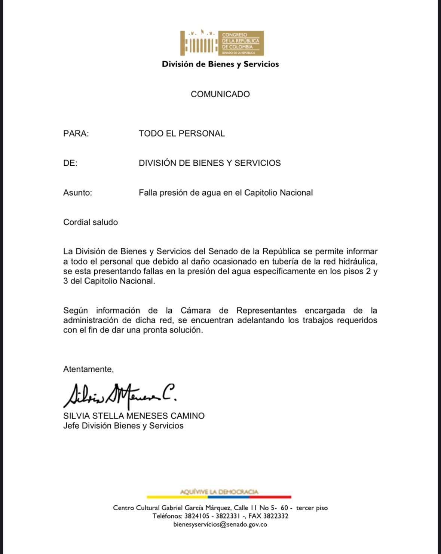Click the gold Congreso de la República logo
click(x=222, y=43)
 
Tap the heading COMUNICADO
click(x=220, y=94)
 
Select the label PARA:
click(x=76, y=134)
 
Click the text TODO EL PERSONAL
click(x=182, y=134)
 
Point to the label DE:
click(x=70, y=163)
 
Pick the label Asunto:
click(x=77, y=193)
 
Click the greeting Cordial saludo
click(x=91, y=222)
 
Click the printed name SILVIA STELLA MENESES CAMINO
click(x=134, y=416)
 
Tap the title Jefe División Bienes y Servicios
click(x=123, y=426)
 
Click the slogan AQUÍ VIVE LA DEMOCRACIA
click(x=219, y=492)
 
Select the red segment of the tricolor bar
click(x=270, y=497)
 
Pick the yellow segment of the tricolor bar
click(x=177, y=497)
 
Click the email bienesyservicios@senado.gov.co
click(x=220, y=524)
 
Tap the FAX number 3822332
click(x=276, y=516)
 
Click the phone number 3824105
click(x=197, y=516)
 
